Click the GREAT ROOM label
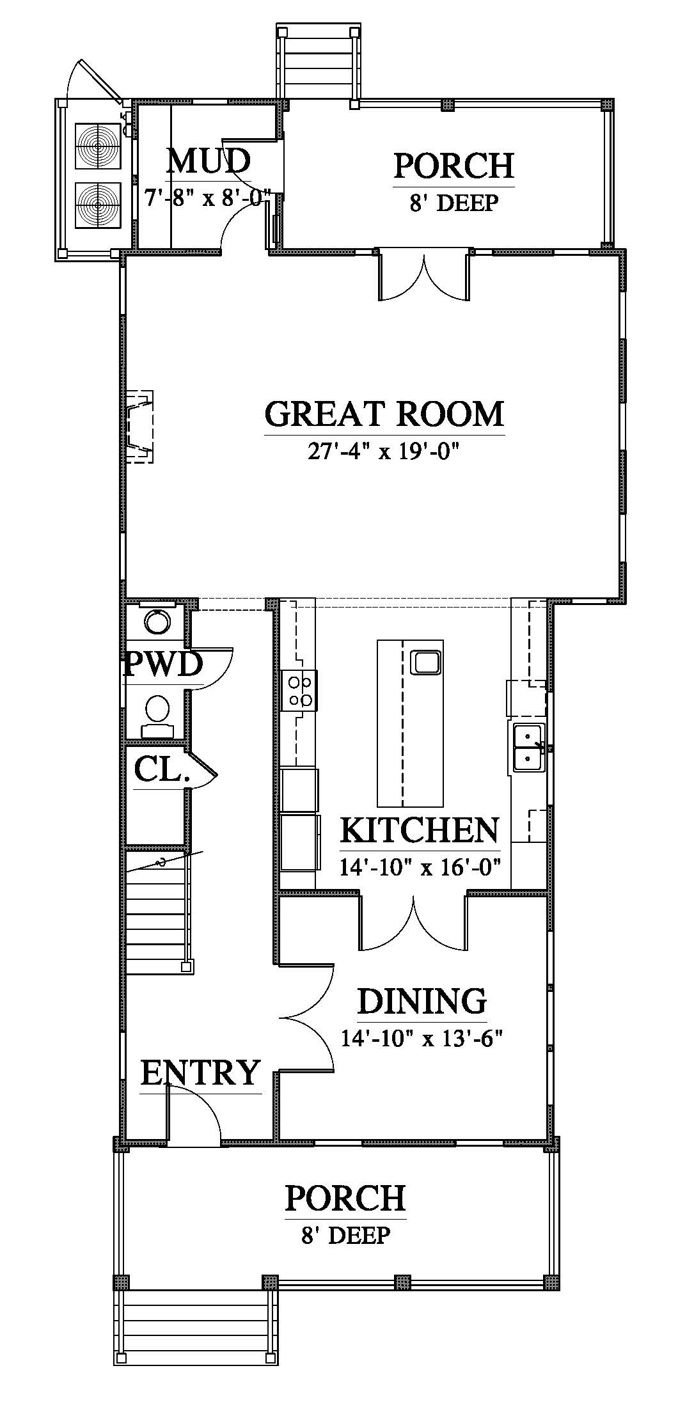point(384,414)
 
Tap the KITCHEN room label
point(419,830)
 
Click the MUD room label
point(208,161)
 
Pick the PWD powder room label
point(162,664)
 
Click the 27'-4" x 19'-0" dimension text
point(384,452)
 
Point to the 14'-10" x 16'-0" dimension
point(420,868)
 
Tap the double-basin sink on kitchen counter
point(528,747)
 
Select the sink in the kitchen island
point(425,661)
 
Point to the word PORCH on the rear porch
point(453,165)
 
